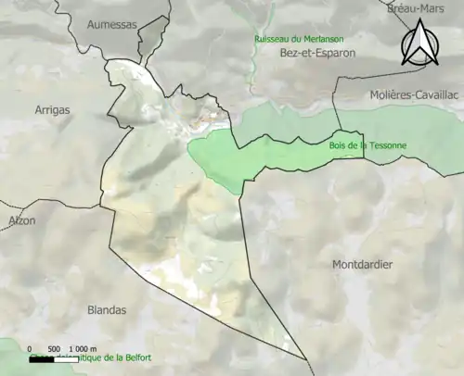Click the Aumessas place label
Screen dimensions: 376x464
tap(111, 26)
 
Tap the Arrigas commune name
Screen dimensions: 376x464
tap(51, 110)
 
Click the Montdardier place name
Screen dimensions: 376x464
tap(362, 265)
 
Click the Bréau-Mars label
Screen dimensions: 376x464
tap(416, 8)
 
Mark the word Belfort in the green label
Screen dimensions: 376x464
tap(134, 357)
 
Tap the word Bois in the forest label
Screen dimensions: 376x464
tap(338, 145)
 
